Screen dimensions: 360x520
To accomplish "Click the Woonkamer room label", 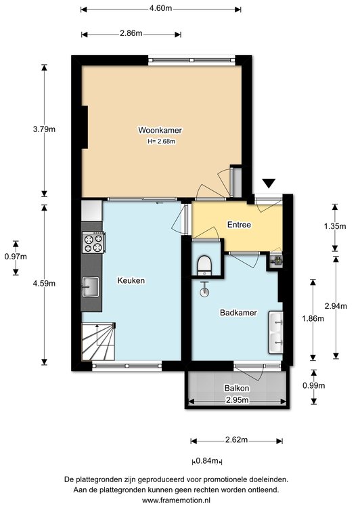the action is (x=160, y=130).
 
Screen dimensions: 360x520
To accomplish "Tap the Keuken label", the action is (x=131, y=280).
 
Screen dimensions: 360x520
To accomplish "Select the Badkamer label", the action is (x=238, y=312).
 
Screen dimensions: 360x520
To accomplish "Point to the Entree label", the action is (x=239, y=225).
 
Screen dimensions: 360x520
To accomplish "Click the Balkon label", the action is (x=237, y=388).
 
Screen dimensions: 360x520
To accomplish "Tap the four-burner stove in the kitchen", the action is (x=93, y=243).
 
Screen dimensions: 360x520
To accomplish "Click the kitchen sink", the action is (x=91, y=287).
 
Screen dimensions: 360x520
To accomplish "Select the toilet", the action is (x=204, y=265).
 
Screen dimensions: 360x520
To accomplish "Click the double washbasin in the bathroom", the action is (x=275, y=332).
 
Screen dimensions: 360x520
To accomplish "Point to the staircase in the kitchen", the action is (x=98, y=341).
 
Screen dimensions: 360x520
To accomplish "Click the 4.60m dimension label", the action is (x=161, y=8).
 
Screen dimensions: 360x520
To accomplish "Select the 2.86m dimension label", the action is (x=131, y=33).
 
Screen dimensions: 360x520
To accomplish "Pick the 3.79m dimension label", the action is (x=44, y=129).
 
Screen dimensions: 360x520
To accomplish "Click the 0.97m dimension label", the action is (x=16, y=257).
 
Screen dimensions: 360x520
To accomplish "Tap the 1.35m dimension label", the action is (x=335, y=226).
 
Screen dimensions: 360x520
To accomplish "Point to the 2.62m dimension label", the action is (x=236, y=439).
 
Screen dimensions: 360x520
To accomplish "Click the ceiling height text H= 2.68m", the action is (x=162, y=142).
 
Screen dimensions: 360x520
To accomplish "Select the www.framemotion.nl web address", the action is (x=176, y=500).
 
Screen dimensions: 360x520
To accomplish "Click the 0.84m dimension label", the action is (x=207, y=460).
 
